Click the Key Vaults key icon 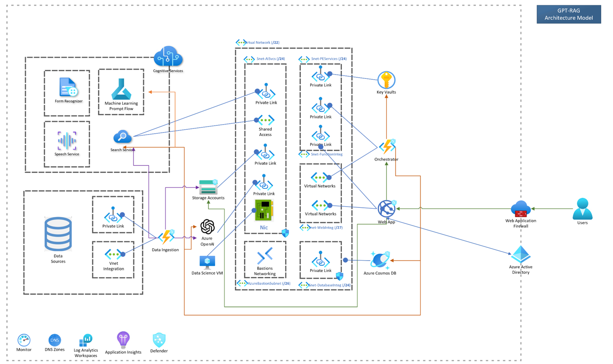[386, 80]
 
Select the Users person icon [582, 209]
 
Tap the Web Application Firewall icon [521, 209]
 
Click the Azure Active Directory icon [521, 255]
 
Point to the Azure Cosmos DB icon [380, 260]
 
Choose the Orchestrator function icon [387, 147]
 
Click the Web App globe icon [386, 209]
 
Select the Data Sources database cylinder [58, 234]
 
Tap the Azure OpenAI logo [207, 227]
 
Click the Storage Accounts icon [208, 187]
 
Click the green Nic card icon [264, 211]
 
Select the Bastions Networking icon [265, 256]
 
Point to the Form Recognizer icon [68, 88]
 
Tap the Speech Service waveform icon [67, 141]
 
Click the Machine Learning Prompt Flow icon [121, 89]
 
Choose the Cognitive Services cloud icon [168, 57]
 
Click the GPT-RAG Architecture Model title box [569, 14]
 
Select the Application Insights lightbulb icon [123, 339]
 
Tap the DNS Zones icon [55, 340]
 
